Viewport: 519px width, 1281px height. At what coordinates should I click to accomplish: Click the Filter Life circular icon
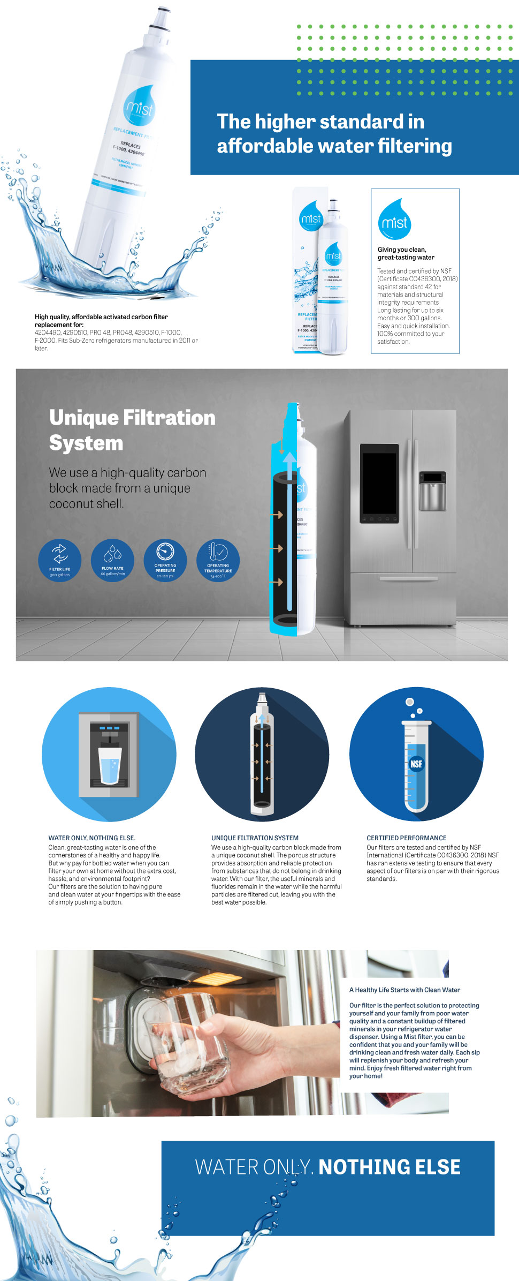59,560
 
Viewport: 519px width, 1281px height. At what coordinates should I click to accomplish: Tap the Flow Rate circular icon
112,560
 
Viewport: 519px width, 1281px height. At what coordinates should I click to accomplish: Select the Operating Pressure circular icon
165,560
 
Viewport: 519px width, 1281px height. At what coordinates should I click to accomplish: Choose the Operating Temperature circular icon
218,560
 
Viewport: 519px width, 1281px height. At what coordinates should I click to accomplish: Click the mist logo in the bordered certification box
395,220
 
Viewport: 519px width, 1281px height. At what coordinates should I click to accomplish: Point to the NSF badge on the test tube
416,764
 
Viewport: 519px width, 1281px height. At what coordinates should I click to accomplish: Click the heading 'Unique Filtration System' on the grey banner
132,430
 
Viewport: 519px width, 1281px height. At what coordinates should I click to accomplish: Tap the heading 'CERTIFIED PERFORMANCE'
406,838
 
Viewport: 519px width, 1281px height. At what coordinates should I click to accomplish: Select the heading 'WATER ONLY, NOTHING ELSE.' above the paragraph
91,838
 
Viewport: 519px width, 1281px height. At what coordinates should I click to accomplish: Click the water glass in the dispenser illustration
110,766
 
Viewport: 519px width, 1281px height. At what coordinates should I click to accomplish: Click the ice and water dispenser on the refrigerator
432,491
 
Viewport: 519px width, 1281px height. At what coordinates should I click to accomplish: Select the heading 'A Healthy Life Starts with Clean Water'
404,990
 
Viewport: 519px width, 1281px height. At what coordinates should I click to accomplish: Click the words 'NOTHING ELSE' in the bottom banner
390,1167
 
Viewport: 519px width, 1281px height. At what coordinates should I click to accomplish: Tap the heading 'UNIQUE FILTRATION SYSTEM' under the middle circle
255,838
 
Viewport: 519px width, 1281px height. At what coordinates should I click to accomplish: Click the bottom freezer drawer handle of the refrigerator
409,579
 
